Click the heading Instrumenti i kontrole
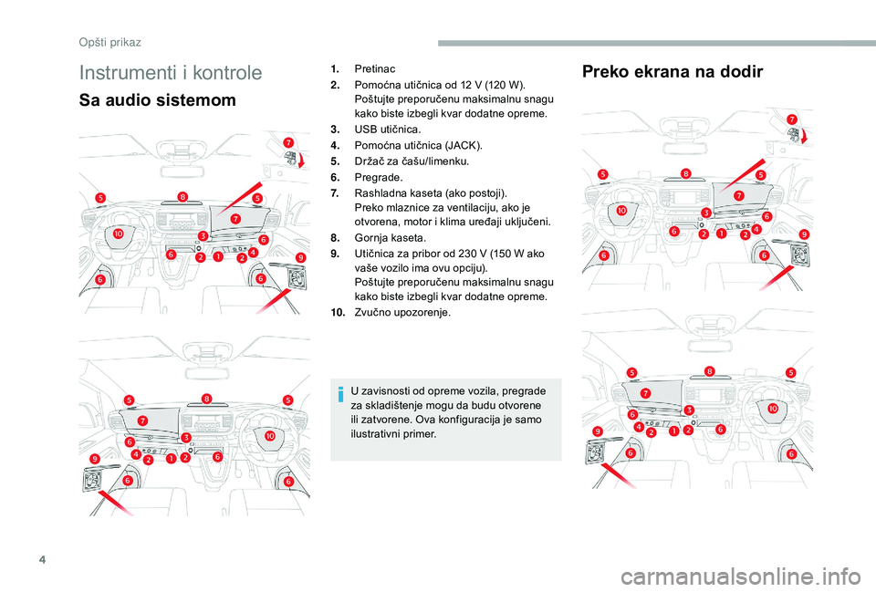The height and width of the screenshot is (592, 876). coord(171,73)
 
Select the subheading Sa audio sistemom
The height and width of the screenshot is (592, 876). coord(158,100)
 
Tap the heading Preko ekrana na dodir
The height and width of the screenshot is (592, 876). coord(672,72)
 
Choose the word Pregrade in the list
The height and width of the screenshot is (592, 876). coord(377,176)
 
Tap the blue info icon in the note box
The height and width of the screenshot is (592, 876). coord(340,394)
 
